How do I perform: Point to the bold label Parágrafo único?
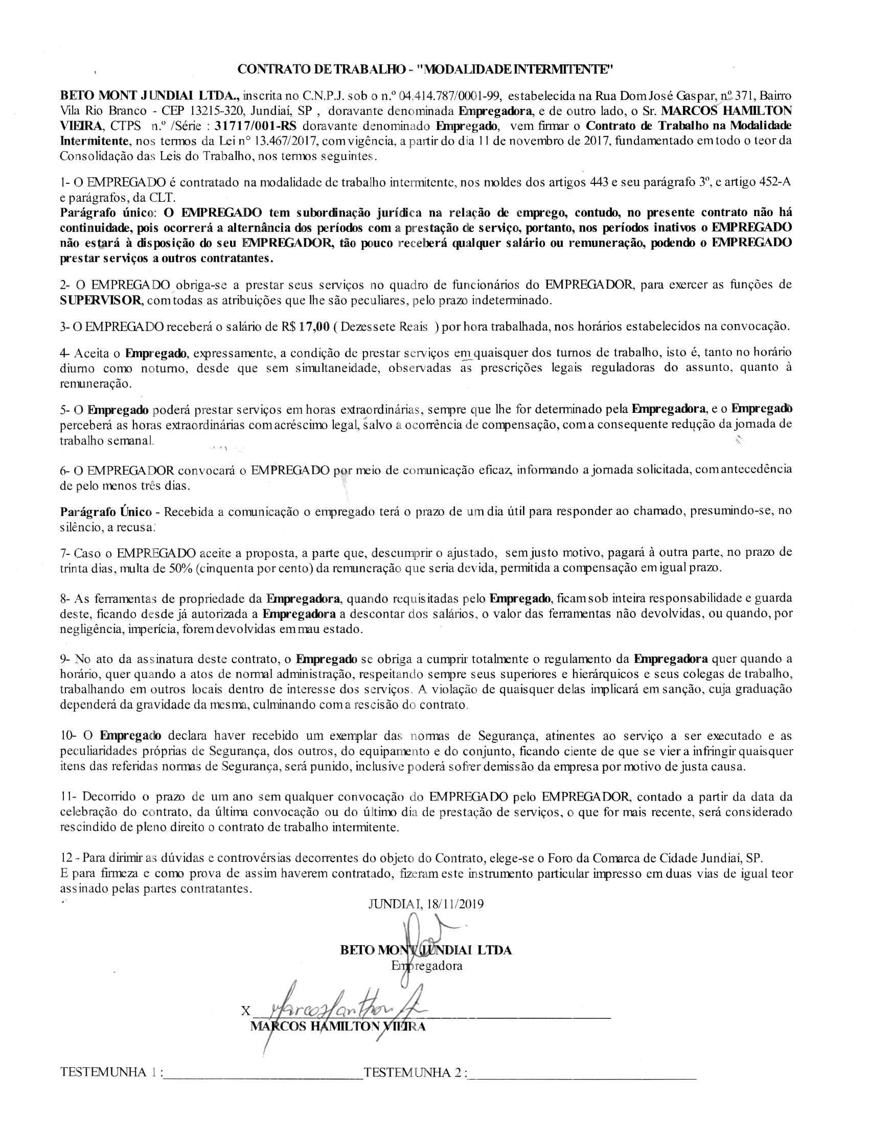pos(110,213)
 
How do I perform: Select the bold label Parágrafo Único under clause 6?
pos(105,512)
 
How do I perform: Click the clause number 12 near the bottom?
pos(66,858)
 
